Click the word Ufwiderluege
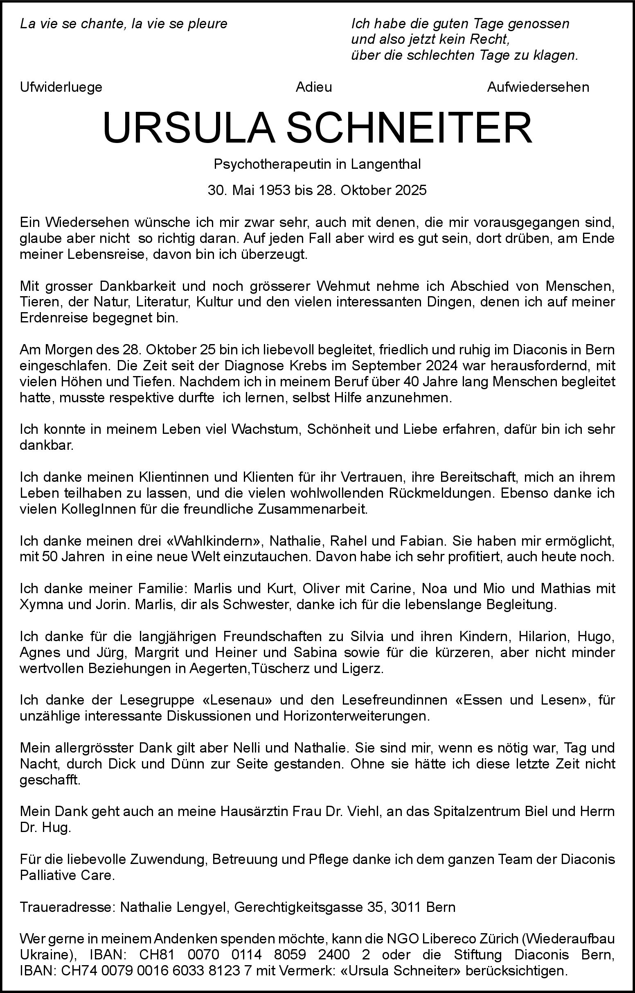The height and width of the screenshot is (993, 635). [x=61, y=88]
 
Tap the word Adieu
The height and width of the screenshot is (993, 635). [x=314, y=88]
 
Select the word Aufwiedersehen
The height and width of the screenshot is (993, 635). [x=538, y=88]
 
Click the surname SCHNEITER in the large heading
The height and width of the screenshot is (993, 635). [x=409, y=128]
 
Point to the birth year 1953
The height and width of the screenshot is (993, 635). [x=274, y=190]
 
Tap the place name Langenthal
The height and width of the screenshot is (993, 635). [x=386, y=164]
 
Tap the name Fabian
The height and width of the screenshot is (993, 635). [x=426, y=541]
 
